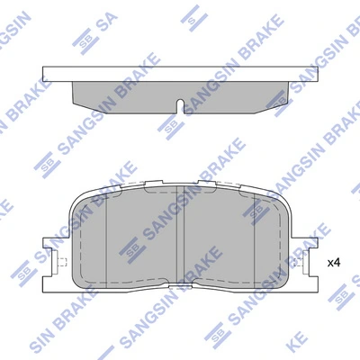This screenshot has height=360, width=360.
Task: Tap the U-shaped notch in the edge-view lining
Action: coord(183,104)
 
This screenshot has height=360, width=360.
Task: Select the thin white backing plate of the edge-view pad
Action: coord(181,73)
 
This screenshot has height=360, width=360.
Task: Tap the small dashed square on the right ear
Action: coord(298,264)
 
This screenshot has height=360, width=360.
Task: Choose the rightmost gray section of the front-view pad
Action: coord(274,243)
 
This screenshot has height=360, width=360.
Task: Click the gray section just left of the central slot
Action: coord(144,243)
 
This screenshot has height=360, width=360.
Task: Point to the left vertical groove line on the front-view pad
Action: coord(107,243)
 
